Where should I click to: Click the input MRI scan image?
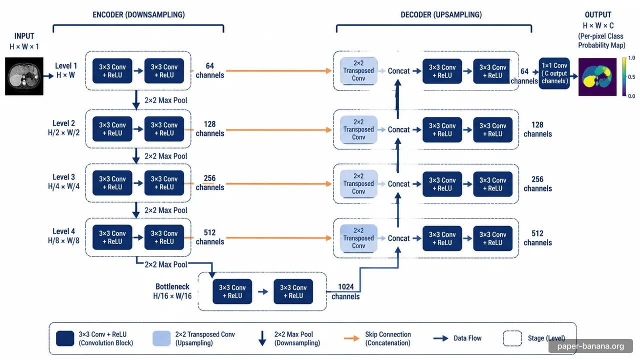24,76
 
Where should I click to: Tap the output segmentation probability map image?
597,77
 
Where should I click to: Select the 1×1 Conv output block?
554,73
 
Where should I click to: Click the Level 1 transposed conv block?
358,70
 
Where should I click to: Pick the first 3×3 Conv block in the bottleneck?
232,291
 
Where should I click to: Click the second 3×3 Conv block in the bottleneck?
293,291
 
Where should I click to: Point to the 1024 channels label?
345,291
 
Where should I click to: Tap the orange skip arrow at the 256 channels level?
278,183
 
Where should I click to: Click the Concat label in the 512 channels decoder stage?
398,238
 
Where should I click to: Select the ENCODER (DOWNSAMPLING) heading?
138,14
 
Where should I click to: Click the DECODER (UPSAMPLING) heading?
441,14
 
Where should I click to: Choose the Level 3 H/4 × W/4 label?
63,181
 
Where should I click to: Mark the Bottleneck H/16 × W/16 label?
172,291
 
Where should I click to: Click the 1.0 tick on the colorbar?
631,58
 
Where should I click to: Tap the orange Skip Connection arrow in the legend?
351,338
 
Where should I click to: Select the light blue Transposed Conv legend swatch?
161,338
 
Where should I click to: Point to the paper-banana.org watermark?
590,346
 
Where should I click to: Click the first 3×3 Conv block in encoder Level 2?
112,129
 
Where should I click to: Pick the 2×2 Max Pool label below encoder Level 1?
165,100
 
